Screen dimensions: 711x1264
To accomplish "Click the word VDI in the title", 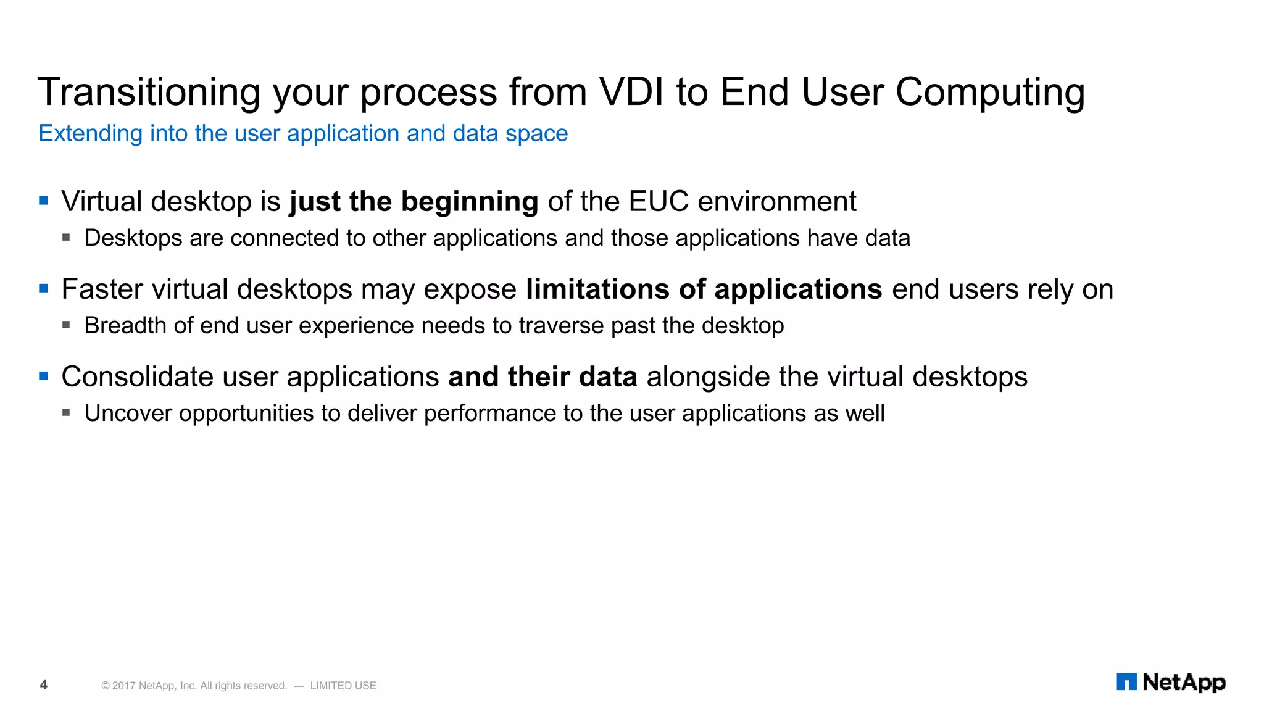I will point(631,92).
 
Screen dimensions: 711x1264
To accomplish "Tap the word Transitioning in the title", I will point(148,93).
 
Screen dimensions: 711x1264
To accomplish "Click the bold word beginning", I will point(470,202).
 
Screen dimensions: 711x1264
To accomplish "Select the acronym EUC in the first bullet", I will point(658,202).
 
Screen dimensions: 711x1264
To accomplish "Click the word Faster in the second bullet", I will point(102,289).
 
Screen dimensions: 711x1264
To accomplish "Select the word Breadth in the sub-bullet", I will point(125,326).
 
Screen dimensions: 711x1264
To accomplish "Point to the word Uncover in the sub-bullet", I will point(128,414).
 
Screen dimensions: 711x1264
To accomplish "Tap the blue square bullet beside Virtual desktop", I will point(43,201).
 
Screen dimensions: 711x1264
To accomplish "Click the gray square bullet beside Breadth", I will point(66,324).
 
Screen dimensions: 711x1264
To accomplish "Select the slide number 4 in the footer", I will point(43,684).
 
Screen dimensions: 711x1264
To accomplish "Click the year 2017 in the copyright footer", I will point(123,686).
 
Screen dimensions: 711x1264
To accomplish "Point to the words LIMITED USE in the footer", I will point(343,686).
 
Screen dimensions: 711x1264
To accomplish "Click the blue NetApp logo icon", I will point(1126,682).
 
